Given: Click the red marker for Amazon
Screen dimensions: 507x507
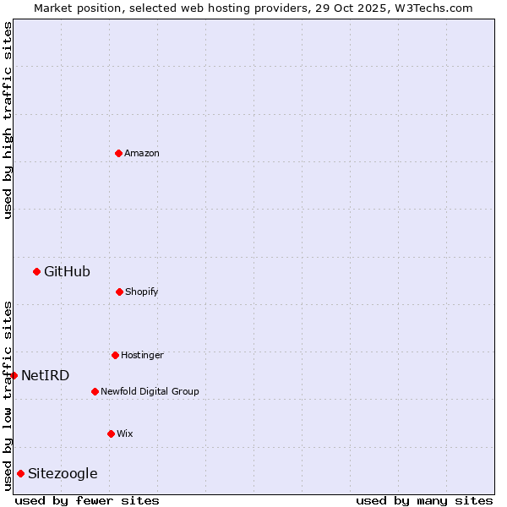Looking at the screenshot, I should pos(118,153).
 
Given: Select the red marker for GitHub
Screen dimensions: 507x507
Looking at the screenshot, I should pos(36,271).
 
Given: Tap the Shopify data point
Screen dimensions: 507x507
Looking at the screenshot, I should pos(119,292).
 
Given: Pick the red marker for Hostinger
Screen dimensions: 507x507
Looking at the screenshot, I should pos(115,355).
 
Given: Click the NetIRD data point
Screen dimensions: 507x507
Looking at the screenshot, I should pos(14,375).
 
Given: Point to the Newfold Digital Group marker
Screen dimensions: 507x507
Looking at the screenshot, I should pos(95,391).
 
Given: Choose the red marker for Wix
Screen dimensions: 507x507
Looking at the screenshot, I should pos(111,433).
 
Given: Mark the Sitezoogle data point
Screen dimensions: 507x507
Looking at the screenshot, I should pos(20,473).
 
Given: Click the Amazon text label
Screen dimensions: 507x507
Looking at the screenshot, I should pos(142,153).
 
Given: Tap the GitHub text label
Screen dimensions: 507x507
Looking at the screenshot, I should pos(67,271).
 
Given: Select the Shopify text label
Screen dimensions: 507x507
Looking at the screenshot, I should pos(142,292).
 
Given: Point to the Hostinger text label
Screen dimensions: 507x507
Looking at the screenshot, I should pos(142,355).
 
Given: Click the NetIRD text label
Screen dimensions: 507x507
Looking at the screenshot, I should pos(46,375).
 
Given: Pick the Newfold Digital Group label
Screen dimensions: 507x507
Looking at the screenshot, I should pos(150,391).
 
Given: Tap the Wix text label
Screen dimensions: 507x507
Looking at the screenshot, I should pos(125,433).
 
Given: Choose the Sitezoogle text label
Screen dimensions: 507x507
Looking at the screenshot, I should pos(63,473).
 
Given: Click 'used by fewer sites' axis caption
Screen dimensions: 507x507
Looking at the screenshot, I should pos(87,500).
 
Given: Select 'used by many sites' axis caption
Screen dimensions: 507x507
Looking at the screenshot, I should pos(424,500).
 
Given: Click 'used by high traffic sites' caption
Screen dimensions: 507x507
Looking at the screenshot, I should pos(8,120).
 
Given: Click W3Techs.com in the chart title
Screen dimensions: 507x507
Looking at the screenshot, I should pos(432,8).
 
